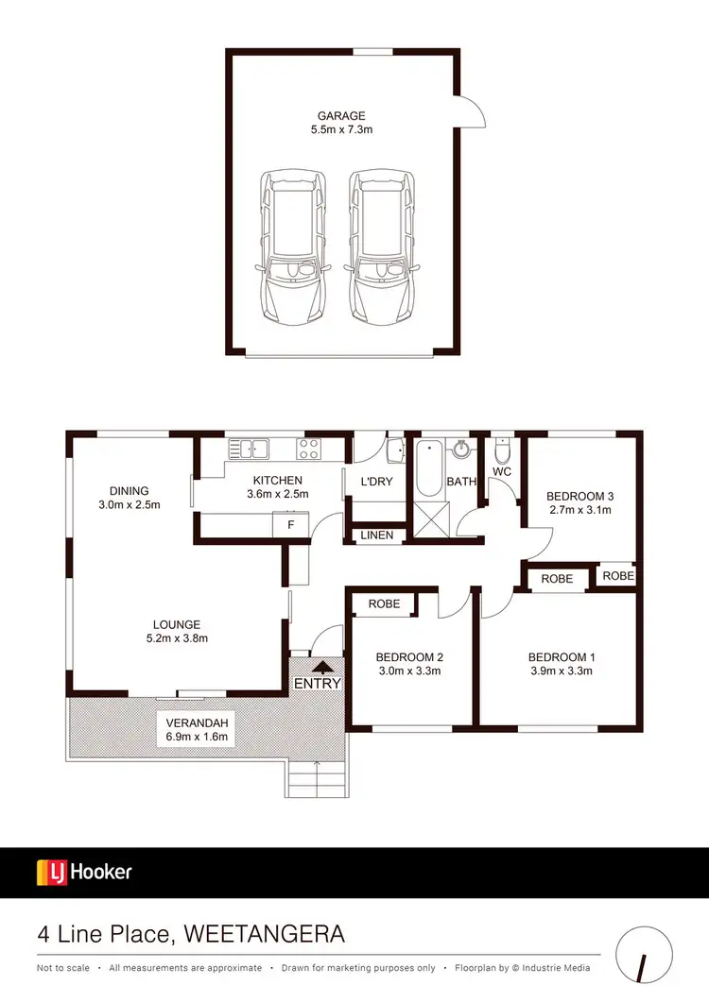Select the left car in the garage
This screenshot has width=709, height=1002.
click(x=292, y=246)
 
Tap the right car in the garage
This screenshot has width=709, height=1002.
click(x=383, y=246)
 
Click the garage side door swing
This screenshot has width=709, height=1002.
click(x=472, y=112)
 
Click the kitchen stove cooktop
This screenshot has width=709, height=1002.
click(x=309, y=447)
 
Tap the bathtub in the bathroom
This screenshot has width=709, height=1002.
click(x=429, y=469)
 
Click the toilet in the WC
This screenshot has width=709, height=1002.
click(x=502, y=450)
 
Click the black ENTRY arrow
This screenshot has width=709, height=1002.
click(x=317, y=666)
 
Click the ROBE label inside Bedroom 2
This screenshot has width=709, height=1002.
click(x=383, y=603)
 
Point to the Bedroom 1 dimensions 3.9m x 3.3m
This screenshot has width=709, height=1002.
click(x=561, y=671)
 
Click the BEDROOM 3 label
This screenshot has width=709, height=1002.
click(x=580, y=496)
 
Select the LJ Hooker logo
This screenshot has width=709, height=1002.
click(x=84, y=872)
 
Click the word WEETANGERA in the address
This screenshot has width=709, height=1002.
click(x=267, y=935)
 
